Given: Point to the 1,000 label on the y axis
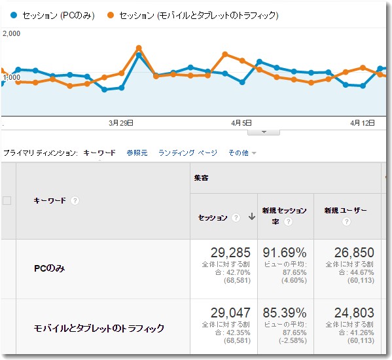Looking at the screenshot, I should point(11,77).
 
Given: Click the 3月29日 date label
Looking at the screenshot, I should point(121,122).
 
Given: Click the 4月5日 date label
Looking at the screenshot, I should point(242,122).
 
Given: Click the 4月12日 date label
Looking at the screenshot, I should point(362,122).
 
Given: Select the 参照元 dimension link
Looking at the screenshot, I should point(137,153).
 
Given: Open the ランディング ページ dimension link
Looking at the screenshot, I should point(187,153).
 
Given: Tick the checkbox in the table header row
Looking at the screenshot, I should point(7,201).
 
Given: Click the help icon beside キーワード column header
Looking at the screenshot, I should point(75,201).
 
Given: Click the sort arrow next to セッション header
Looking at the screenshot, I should point(251,217).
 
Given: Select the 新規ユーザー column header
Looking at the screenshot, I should point(346,211).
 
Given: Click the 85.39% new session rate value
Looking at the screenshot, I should point(285,313).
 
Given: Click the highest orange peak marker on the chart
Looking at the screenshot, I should point(139,48).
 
